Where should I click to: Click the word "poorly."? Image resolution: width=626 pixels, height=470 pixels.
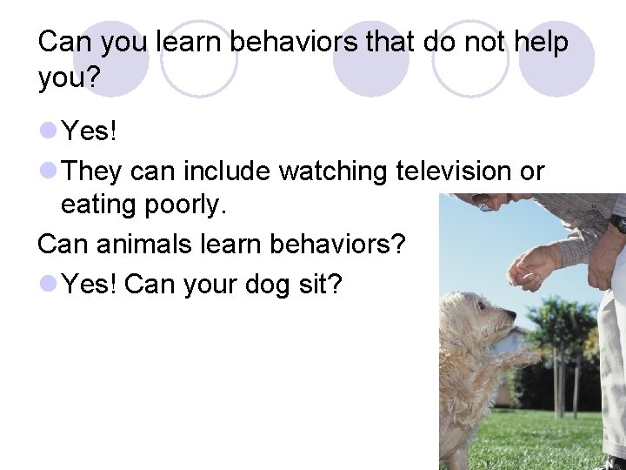coord(183,205)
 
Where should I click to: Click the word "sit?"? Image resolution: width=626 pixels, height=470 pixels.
coord(320,283)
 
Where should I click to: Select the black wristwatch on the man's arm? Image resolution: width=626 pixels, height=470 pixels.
coord(616,223)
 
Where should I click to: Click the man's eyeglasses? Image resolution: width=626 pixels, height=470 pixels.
coord(483,205)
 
